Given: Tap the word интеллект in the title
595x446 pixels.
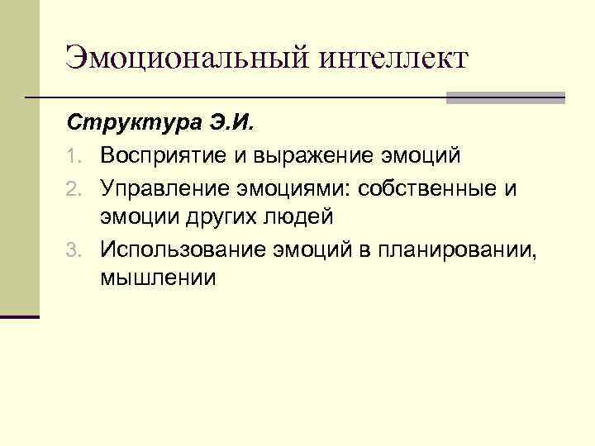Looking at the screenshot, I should [x=392, y=58].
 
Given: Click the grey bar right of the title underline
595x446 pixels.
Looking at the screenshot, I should [x=505, y=97].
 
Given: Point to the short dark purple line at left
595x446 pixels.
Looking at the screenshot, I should [x=20, y=316].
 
